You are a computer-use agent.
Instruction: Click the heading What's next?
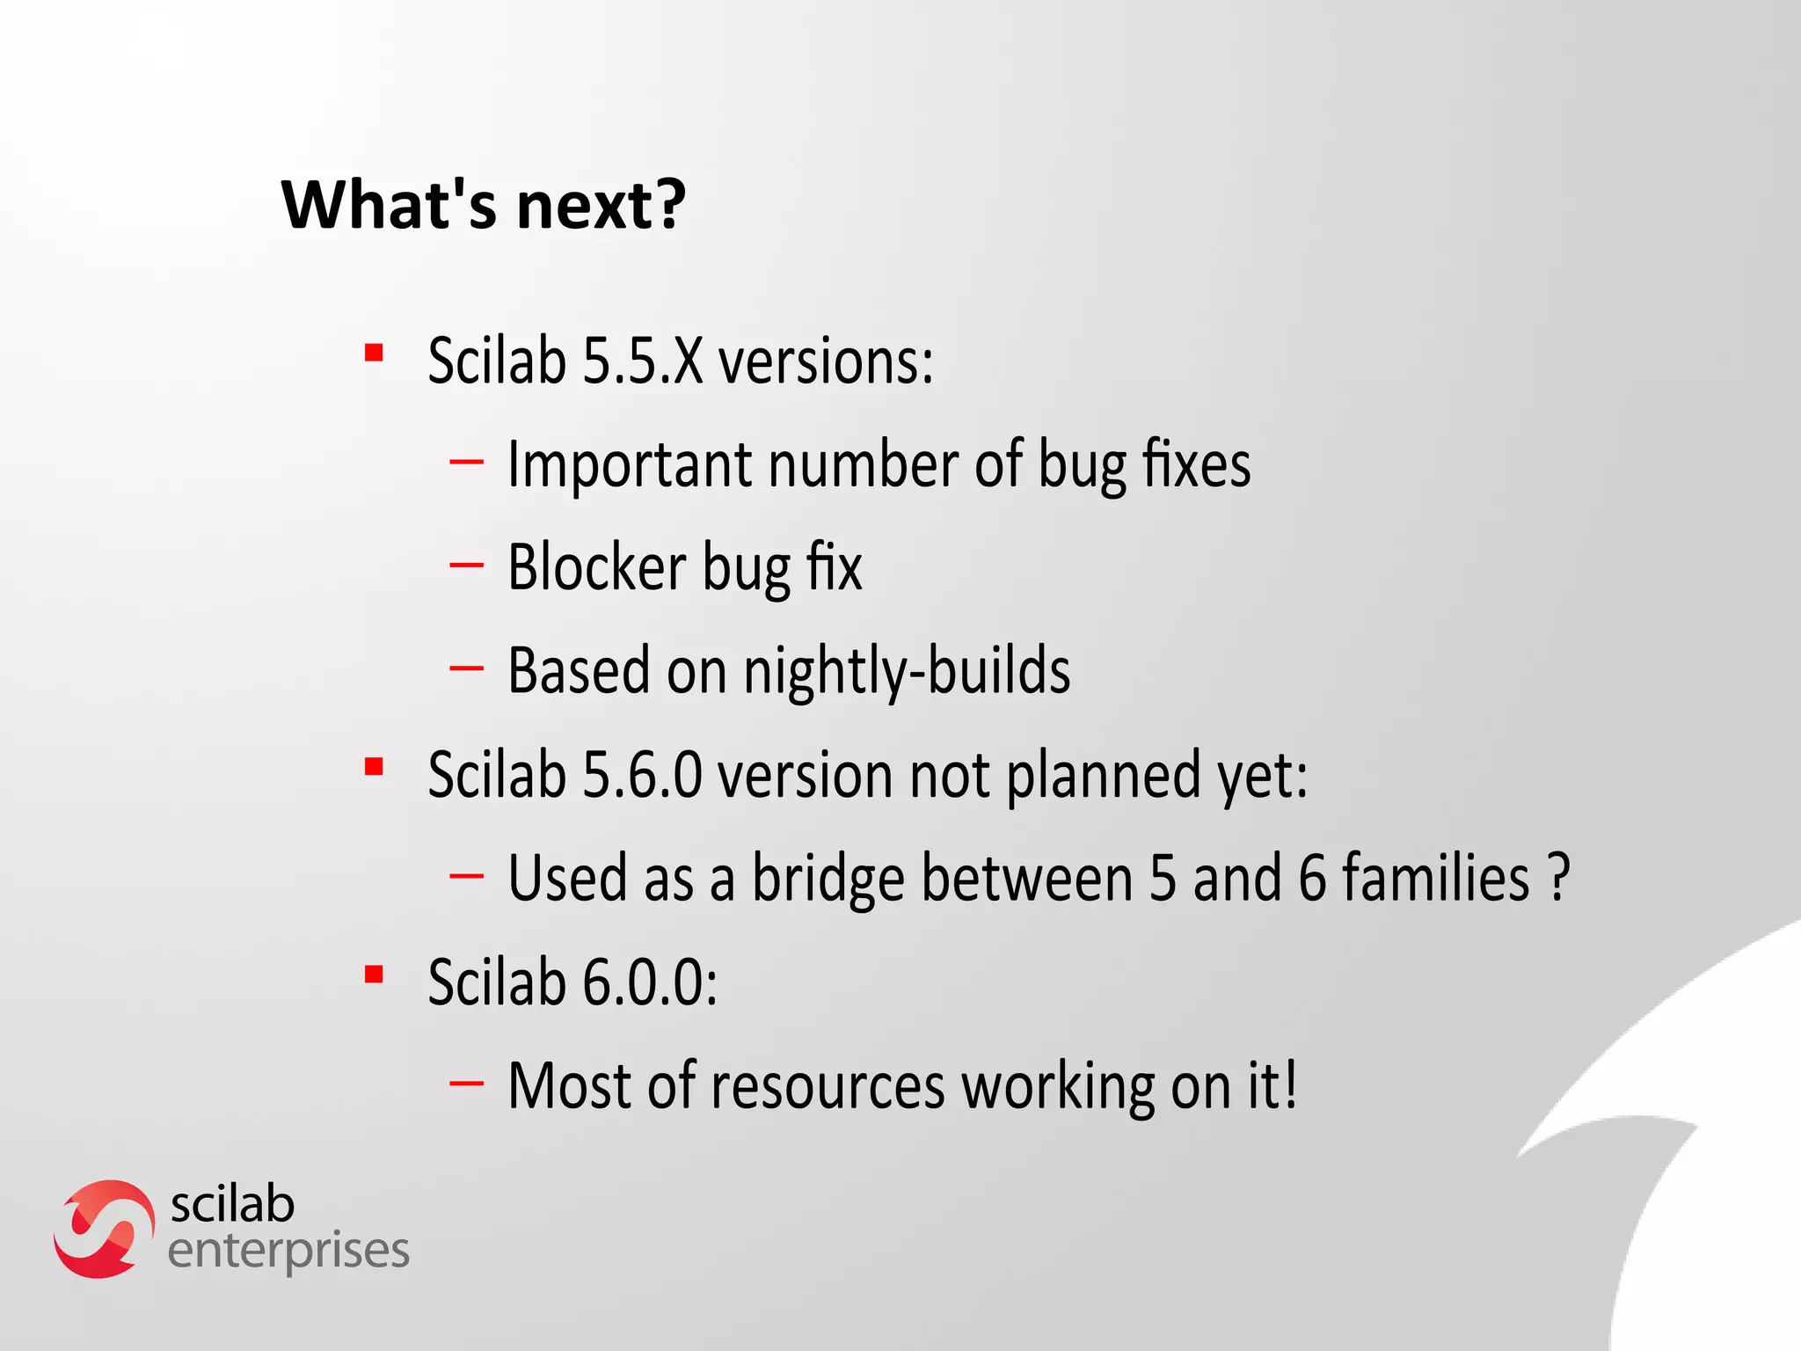tap(483, 205)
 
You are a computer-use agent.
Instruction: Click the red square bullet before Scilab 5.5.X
tap(375, 354)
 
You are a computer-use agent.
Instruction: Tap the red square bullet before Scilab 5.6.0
tap(375, 767)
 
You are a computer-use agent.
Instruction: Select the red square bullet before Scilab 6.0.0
tap(375, 975)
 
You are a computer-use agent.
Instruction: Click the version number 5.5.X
tap(643, 361)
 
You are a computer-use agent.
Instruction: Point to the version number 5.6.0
tap(643, 776)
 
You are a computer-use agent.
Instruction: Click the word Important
tap(629, 464)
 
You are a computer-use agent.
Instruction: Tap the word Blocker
tap(597, 568)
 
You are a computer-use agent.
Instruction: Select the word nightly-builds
tap(907, 672)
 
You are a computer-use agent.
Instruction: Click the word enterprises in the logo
tap(288, 1252)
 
